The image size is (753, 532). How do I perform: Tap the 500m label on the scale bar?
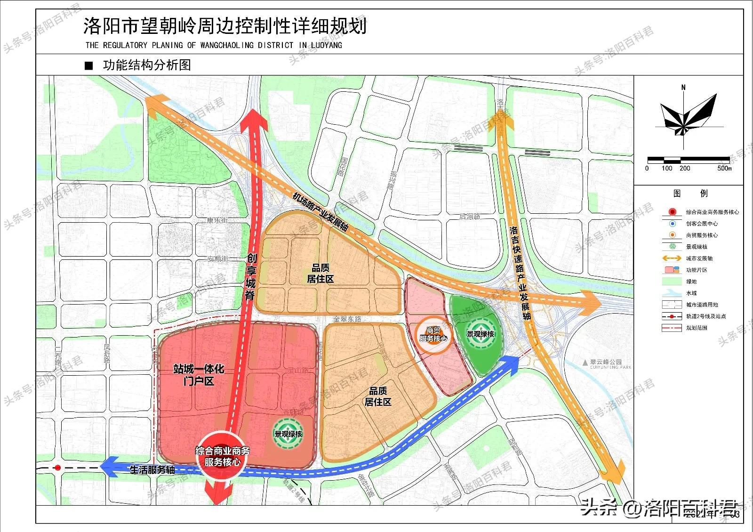point(724,169)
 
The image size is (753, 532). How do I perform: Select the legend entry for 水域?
point(691,293)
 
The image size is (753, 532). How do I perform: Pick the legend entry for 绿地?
point(691,282)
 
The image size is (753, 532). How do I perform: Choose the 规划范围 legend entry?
point(696,328)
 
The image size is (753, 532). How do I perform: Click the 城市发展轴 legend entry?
point(699,258)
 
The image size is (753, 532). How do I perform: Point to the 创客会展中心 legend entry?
point(701,224)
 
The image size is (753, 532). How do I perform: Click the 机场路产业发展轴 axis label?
point(320,212)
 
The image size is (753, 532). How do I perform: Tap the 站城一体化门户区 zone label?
point(198,375)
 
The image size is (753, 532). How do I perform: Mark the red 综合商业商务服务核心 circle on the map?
point(222,456)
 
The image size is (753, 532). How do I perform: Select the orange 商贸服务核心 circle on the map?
point(433,334)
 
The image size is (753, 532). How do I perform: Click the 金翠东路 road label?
point(347,319)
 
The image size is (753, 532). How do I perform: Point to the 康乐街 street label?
point(217,220)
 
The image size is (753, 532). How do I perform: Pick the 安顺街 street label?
point(218,258)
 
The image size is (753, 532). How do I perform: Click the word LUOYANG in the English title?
point(326,45)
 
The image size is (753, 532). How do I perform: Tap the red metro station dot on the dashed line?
point(57,468)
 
